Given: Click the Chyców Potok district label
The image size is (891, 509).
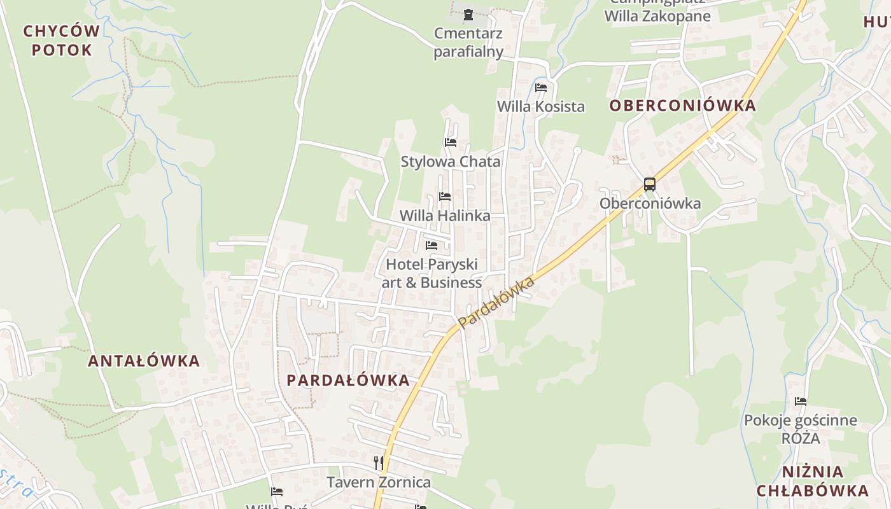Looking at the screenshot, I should point(62,40).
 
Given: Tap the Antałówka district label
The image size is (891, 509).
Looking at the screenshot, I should point(144,361).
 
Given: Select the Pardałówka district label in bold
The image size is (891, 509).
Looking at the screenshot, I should point(348,380).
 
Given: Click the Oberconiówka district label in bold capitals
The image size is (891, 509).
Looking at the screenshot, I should point(683,106).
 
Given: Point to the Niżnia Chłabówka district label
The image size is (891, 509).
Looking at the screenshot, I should point(812,481).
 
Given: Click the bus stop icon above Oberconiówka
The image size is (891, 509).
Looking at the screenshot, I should point(649,185).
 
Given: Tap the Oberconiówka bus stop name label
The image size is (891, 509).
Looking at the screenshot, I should point(650,204).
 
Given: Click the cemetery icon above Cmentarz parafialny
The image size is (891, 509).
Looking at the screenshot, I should point(468,15).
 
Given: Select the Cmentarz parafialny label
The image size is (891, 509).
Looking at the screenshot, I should point(468,42).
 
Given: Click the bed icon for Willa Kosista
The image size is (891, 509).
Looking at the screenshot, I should point(541,87).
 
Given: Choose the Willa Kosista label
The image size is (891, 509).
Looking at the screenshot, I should point(540,106).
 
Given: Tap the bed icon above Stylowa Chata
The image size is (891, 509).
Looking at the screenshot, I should point(451,142).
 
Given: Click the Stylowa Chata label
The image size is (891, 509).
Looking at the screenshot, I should point(451,162).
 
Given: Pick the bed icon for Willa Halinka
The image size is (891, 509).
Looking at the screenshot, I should point(445,197).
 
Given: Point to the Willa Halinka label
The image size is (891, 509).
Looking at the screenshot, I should point(445,216).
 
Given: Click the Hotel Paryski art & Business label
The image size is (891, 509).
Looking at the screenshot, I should point(431,273).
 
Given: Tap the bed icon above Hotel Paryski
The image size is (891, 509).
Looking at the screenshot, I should point(431,245).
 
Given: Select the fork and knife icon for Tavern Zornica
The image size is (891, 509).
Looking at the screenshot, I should point(379,463).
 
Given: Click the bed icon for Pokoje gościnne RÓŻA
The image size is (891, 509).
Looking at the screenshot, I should point(801,401).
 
